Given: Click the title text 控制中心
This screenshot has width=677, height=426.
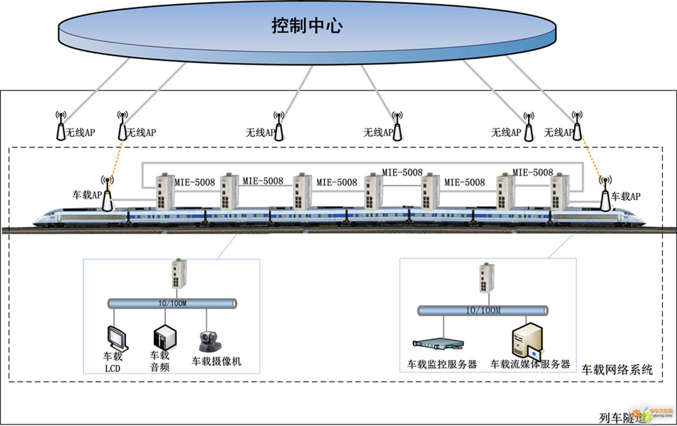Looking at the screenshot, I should point(307,26).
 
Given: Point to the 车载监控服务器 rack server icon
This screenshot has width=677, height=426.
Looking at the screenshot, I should point(438,344).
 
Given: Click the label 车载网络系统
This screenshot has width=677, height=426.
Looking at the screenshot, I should point(617,369).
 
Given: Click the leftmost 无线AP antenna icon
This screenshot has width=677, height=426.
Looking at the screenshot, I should point(61,127).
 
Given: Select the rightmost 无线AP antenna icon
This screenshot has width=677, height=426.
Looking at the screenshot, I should point(577,127).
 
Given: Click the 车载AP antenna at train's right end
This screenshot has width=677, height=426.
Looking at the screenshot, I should point(605,195).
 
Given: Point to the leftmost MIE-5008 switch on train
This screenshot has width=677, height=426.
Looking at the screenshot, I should point(164,192).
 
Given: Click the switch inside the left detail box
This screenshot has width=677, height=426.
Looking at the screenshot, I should point(179,274).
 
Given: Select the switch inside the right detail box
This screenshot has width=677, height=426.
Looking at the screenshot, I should point(487,278).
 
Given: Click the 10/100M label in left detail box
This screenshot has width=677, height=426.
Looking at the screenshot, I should point(172,303).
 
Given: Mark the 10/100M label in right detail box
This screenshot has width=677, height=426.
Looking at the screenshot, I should point(483,310).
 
